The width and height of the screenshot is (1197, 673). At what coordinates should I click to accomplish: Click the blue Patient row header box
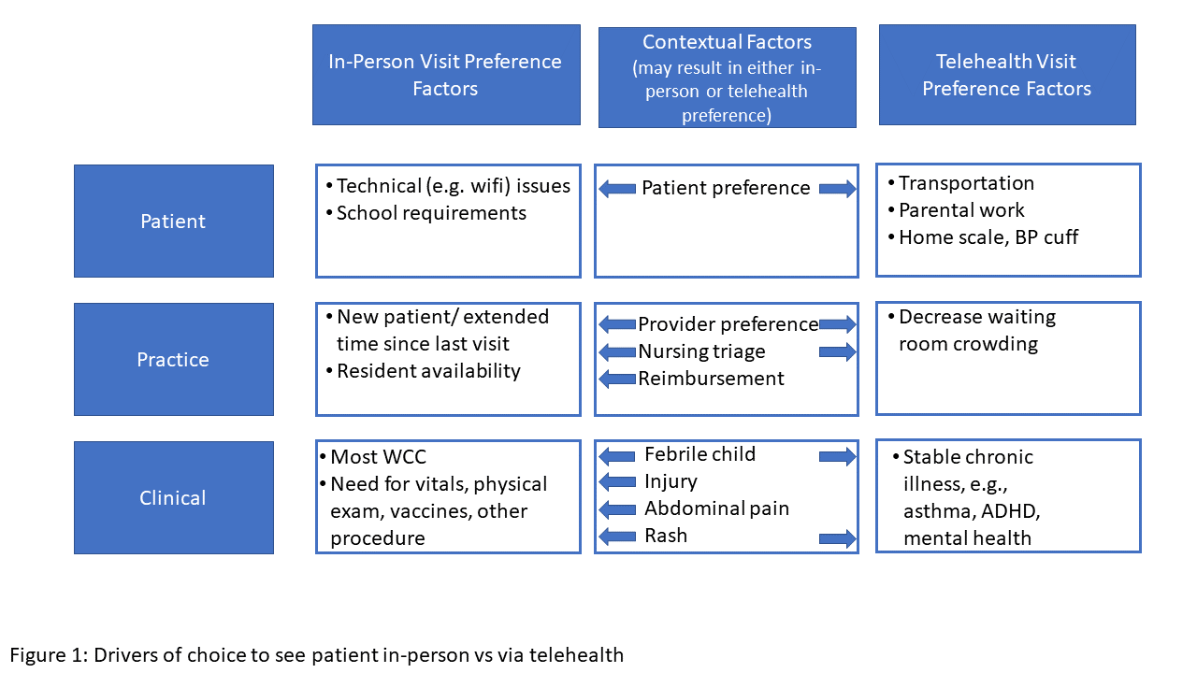click(174, 221)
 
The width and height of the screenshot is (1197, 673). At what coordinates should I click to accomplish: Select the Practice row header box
click(174, 359)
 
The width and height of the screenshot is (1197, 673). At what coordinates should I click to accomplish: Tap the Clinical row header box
click(174, 497)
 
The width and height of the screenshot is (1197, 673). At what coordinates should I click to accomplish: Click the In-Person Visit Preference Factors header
click(446, 75)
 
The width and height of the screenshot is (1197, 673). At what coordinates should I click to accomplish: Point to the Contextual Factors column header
click(728, 78)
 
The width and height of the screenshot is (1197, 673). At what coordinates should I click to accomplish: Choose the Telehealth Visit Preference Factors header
click(1007, 75)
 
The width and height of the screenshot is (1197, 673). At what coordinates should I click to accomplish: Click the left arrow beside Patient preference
click(617, 189)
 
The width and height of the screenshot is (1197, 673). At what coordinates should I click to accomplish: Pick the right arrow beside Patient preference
click(837, 189)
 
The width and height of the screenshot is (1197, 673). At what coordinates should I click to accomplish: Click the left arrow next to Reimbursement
click(617, 379)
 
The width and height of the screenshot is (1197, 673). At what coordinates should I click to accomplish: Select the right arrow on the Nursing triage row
click(837, 352)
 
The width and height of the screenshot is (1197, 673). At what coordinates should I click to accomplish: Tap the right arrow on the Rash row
click(837, 538)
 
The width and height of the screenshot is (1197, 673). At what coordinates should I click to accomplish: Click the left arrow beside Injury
click(617, 481)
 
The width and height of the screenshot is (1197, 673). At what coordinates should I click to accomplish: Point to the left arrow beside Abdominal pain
click(617, 509)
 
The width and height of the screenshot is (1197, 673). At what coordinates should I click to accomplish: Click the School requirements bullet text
click(431, 213)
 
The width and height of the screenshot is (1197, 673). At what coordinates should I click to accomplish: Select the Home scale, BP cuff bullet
click(988, 237)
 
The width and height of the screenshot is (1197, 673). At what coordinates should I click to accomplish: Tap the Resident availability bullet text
click(428, 371)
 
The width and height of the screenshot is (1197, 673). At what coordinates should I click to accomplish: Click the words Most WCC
click(379, 457)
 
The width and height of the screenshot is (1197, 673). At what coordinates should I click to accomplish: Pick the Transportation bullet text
click(966, 183)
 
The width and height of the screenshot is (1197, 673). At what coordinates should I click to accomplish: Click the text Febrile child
click(700, 454)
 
